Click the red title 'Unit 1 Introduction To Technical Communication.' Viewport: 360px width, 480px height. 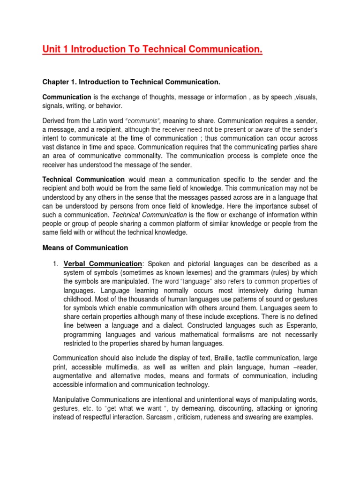pos(152,49)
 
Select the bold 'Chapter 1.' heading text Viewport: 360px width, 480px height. pos(59,82)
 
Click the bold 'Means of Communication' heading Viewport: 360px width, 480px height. pos(85,247)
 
